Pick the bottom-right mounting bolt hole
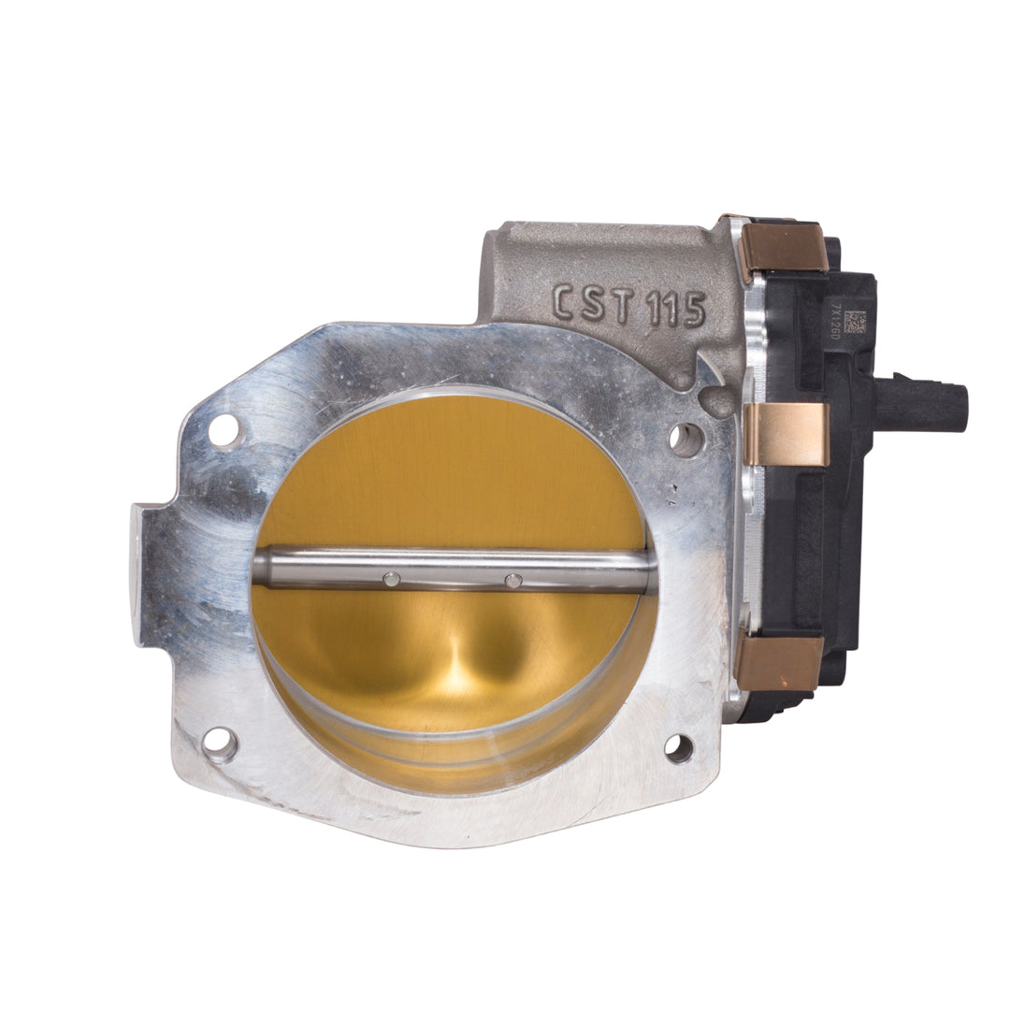coord(679,748)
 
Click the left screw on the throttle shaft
coord(392,580)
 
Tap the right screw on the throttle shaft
coord(512,581)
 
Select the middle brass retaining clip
coord(787,433)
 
